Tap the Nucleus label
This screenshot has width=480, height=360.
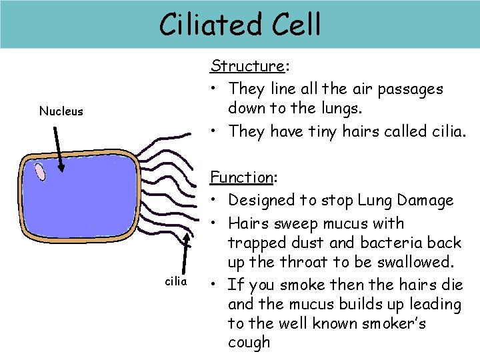[61, 111]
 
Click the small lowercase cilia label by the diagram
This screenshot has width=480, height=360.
[176, 281]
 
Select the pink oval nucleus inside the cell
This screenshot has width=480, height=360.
[41, 173]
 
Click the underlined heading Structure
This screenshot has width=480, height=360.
[247, 65]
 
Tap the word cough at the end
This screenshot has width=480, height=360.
[249, 343]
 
